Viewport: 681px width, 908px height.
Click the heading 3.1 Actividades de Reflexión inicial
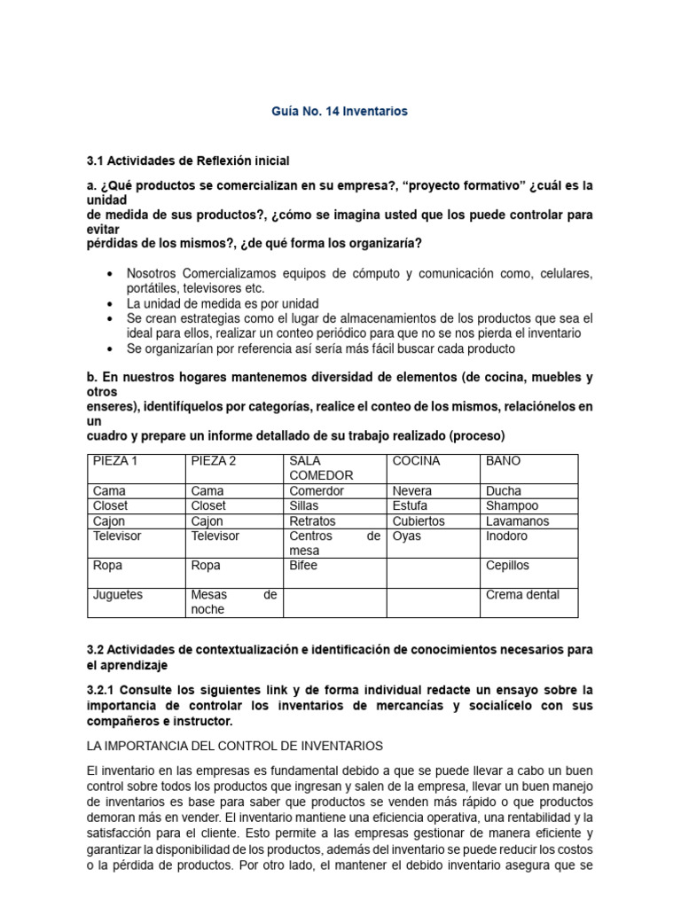[x=188, y=160]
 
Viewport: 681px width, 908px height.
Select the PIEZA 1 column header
[x=115, y=461]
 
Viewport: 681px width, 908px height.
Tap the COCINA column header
[x=416, y=461]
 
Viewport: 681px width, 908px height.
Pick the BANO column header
[x=504, y=461]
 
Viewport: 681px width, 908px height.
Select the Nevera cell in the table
[x=412, y=490]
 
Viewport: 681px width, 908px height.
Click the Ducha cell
[x=504, y=490]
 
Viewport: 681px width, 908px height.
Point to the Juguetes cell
[x=117, y=595]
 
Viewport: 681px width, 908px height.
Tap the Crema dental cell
[x=522, y=595]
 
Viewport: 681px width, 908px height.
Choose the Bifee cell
[x=303, y=565]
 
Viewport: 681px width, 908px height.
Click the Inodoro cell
[x=506, y=536]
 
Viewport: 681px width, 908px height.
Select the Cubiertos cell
[x=419, y=521]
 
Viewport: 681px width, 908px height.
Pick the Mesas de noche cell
[x=233, y=602]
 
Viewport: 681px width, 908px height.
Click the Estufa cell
[x=410, y=505]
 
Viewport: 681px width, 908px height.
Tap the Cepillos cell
[x=507, y=565]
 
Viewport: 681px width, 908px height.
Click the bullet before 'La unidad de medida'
[x=109, y=303]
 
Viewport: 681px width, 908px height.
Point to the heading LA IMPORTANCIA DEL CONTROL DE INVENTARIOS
[x=235, y=746]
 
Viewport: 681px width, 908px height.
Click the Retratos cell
[x=312, y=521]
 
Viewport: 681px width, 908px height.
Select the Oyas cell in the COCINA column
[x=406, y=536]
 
